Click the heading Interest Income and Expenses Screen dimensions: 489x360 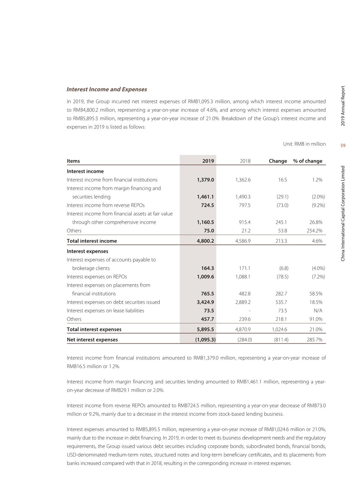[x=107, y=89]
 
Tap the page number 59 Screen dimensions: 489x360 [x=343, y=145]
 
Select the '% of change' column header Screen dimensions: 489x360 [x=308, y=161]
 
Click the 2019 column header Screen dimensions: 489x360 [x=208, y=161]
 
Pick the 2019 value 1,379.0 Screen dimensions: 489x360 [x=205, y=180]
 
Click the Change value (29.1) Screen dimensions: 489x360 [x=283, y=197]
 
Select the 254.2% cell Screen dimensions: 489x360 [x=314, y=231]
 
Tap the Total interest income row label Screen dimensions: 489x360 [x=92, y=241]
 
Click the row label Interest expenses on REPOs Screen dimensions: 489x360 [x=97, y=277]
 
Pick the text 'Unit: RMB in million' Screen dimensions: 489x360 [x=304, y=144]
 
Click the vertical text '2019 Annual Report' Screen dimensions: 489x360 [x=343, y=106]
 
